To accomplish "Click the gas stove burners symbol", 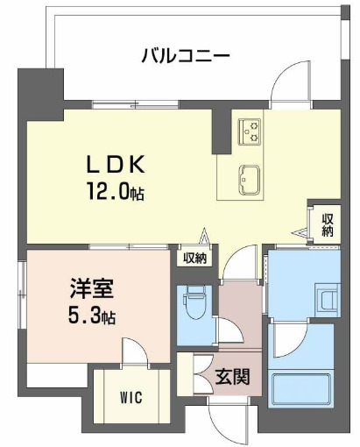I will click(251, 131).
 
